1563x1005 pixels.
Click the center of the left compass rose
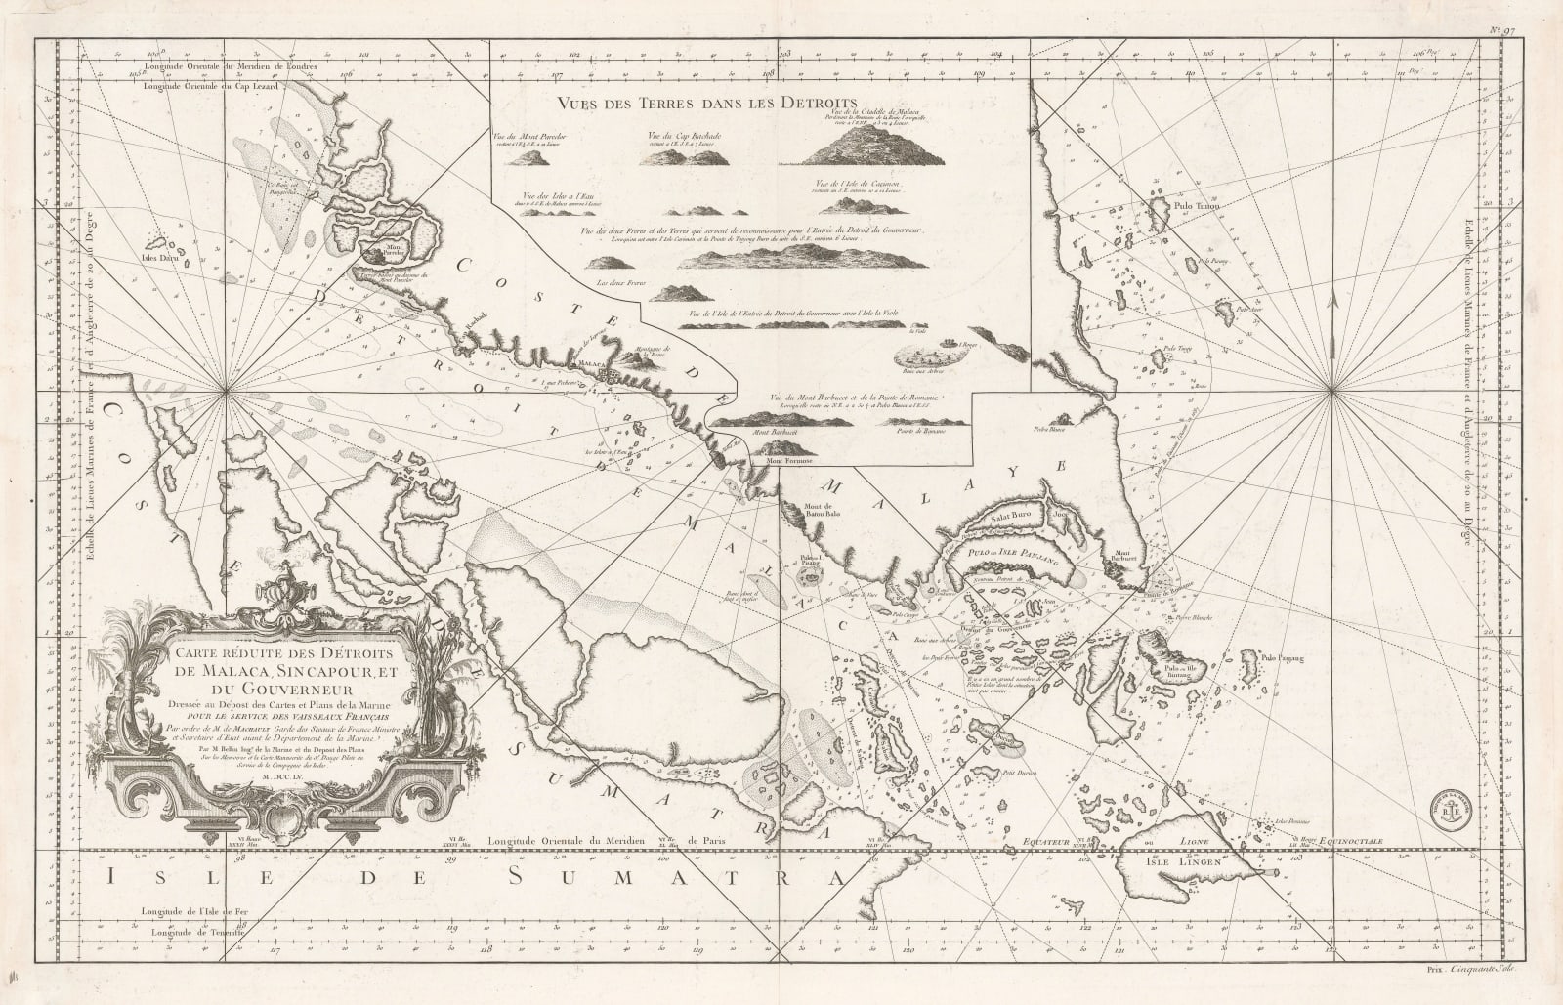point(227,392)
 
